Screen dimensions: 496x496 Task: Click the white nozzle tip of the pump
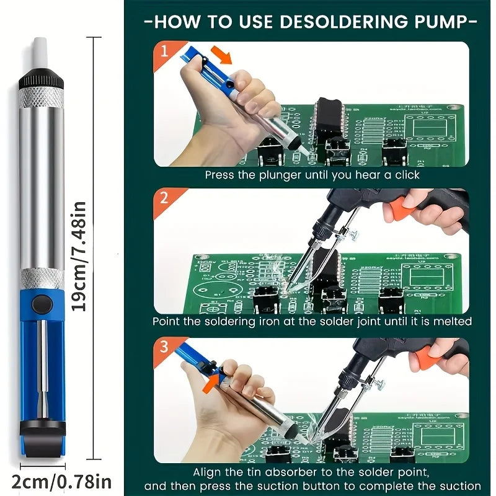(x=41, y=55)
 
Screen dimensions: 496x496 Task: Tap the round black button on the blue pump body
(x=42, y=303)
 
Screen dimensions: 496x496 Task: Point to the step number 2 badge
(x=164, y=199)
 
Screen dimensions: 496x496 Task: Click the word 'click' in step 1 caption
(x=406, y=175)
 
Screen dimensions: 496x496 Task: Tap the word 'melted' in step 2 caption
(x=453, y=322)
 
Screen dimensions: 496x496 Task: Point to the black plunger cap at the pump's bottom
(x=42, y=428)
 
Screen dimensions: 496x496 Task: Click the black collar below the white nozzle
(x=41, y=81)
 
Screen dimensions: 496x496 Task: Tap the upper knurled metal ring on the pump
(x=42, y=98)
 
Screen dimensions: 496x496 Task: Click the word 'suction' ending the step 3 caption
(x=462, y=486)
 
